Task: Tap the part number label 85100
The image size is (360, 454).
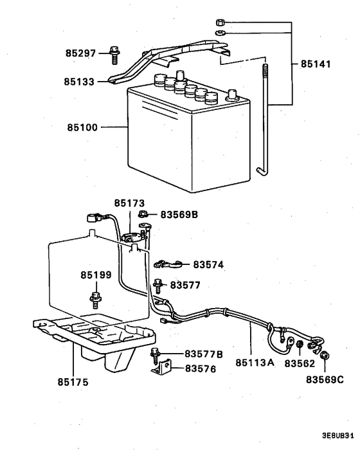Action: pyautogui.click(x=81, y=127)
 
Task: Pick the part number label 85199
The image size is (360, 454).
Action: pyautogui.click(x=96, y=275)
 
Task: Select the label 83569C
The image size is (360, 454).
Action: pyautogui.click(x=325, y=380)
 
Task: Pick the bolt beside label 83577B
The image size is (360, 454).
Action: pyautogui.click(x=154, y=352)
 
